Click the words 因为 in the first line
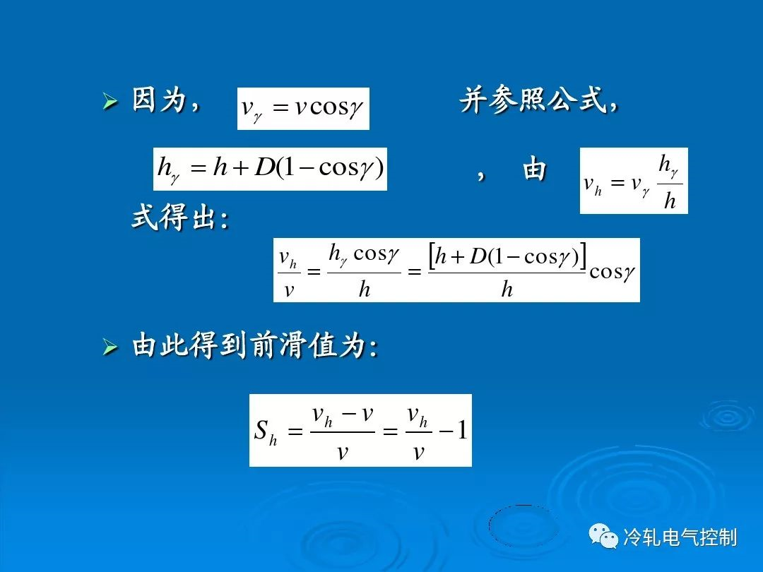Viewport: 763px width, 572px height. pos(160,100)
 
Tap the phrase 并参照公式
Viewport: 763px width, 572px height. pos(533,100)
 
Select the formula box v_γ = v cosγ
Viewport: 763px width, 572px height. pos(303,109)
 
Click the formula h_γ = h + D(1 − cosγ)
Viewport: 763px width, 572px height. pos(270,169)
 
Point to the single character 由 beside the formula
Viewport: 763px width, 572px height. pos(534,170)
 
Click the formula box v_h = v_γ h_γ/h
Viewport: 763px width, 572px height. pos(634,181)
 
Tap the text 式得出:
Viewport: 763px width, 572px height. pos(180,217)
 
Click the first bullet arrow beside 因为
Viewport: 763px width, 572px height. pos(110,102)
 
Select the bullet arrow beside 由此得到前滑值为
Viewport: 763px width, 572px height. pos(110,347)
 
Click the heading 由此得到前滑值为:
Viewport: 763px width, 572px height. pos(255,346)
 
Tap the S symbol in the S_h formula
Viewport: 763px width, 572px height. pos(262,430)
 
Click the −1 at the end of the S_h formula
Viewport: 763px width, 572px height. pos(453,430)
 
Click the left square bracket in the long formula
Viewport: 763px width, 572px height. pos(432,256)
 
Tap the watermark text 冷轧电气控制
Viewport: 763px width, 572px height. pos(680,537)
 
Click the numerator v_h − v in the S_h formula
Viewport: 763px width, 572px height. pos(343,416)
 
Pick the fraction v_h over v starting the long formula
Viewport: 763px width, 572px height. pos(288,273)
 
